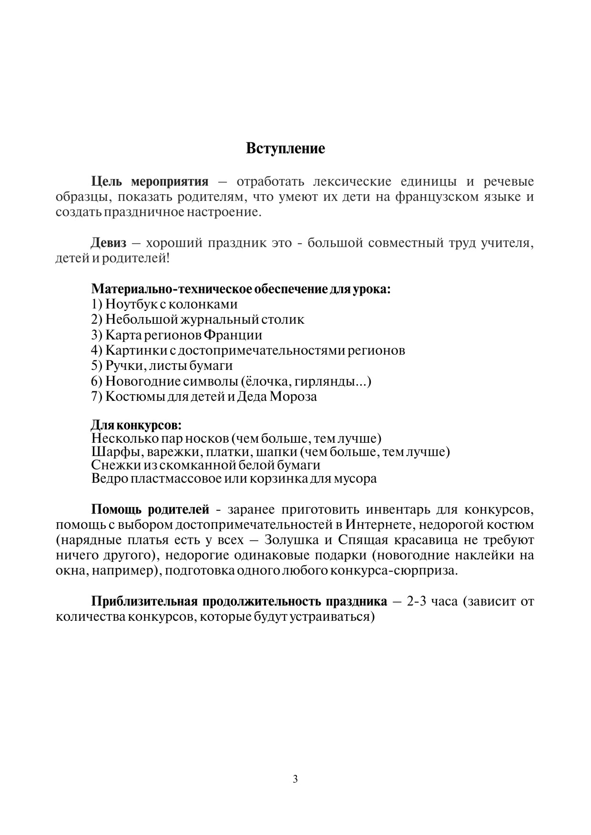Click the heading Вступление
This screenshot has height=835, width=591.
285,149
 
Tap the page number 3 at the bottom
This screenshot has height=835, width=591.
295,779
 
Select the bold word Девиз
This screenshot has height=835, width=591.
109,243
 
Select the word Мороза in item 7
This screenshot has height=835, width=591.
293,397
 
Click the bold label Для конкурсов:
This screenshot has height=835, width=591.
136,425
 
